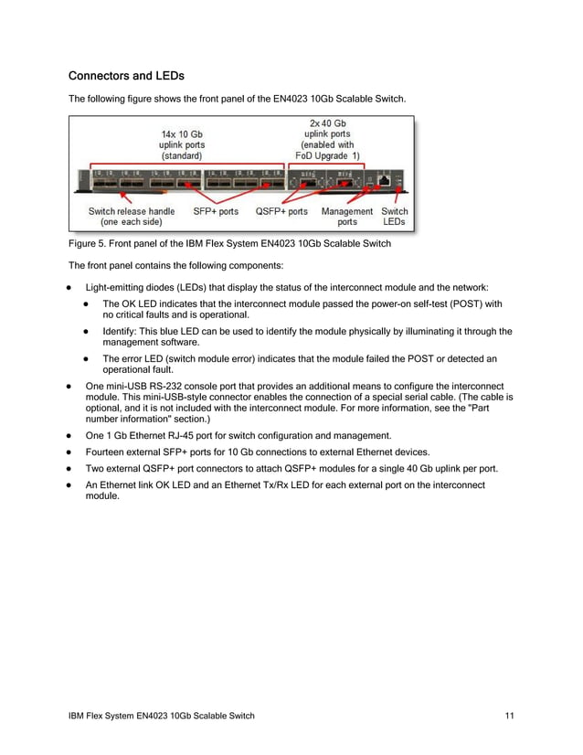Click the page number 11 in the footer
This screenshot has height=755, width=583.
click(509, 715)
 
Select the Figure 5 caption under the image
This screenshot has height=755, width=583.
click(230, 243)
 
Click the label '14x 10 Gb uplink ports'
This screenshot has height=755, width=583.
click(182, 144)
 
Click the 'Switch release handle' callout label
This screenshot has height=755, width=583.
click(132, 211)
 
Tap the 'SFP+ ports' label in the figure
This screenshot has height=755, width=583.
click(216, 211)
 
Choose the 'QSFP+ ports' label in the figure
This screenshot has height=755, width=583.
click(281, 211)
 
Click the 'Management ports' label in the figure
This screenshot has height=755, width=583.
click(347, 217)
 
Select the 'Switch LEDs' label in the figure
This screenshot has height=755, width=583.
click(395, 217)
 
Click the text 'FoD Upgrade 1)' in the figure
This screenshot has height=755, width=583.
click(327, 155)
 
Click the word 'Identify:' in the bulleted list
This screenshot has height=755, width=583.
click(121, 332)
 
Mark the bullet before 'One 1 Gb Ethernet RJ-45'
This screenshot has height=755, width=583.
click(69, 436)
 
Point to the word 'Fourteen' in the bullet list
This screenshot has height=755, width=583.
click(107, 452)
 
